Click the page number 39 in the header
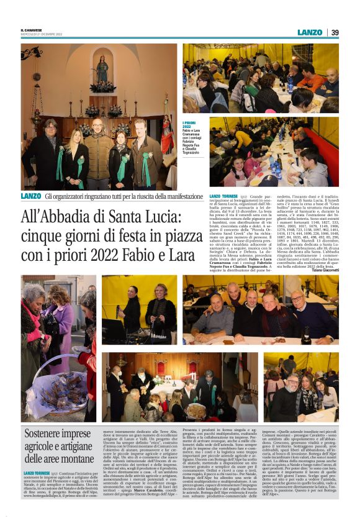[335, 32]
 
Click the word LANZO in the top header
[310, 32]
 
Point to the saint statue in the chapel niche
[102, 70]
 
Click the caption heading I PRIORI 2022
[172, 125]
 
